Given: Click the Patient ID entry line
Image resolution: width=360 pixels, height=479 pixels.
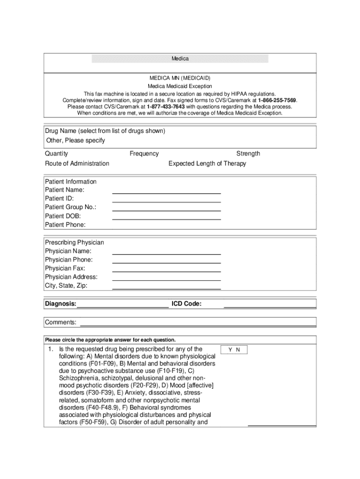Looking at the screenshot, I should pyautogui.click(x=166, y=201).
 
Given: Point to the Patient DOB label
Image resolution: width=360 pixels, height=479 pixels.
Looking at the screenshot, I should pyautogui.click(x=63, y=216).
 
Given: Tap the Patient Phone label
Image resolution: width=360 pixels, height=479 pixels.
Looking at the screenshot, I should pyautogui.click(x=65, y=225).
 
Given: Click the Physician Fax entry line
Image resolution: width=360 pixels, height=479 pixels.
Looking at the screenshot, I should pyautogui.click(x=166, y=271).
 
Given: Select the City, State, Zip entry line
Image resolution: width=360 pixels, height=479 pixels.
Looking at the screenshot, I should pyautogui.click(x=166, y=288).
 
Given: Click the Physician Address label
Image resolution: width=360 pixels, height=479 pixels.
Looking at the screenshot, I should pyautogui.click(x=71, y=277).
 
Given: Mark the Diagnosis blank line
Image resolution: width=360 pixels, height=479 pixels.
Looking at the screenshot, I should pyautogui.click(x=122, y=307).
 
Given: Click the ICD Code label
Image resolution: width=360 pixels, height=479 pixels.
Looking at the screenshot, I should pyautogui.click(x=187, y=305).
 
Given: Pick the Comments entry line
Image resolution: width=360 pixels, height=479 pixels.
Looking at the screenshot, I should pyautogui.click(x=198, y=325).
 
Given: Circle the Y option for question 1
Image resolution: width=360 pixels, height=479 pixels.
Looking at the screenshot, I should pyautogui.click(x=230, y=350).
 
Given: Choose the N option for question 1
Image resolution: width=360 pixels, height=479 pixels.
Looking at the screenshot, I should pyautogui.click(x=238, y=350).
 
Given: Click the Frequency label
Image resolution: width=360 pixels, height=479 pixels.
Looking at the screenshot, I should pyautogui.click(x=144, y=153).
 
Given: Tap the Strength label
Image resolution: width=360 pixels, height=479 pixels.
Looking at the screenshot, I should pyautogui.click(x=248, y=153).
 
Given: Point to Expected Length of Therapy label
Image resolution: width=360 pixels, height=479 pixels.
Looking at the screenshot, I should pyautogui.click(x=207, y=163).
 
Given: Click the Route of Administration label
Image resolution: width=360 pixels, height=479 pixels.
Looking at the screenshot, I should pyautogui.click(x=77, y=163).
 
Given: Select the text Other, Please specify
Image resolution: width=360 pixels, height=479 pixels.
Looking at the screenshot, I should pyautogui.click(x=75, y=140).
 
